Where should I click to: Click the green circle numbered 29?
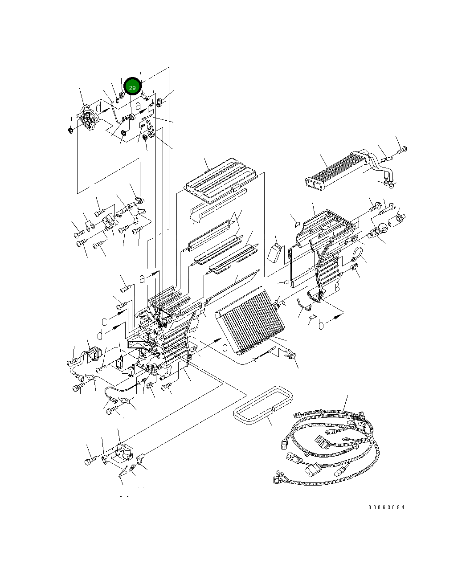[x=132, y=88]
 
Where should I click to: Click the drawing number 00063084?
[x=387, y=507]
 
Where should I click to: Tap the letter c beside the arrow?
[x=104, y=321]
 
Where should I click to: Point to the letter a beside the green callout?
[x=139, y=106]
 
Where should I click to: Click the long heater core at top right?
[x=336, y=170]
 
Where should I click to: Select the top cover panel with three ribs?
[x=221, y=178]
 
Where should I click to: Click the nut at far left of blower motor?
[x=70, y=131]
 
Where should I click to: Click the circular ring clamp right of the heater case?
[x=359, y=257]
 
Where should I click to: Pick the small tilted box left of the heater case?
[x=275, y=253]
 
